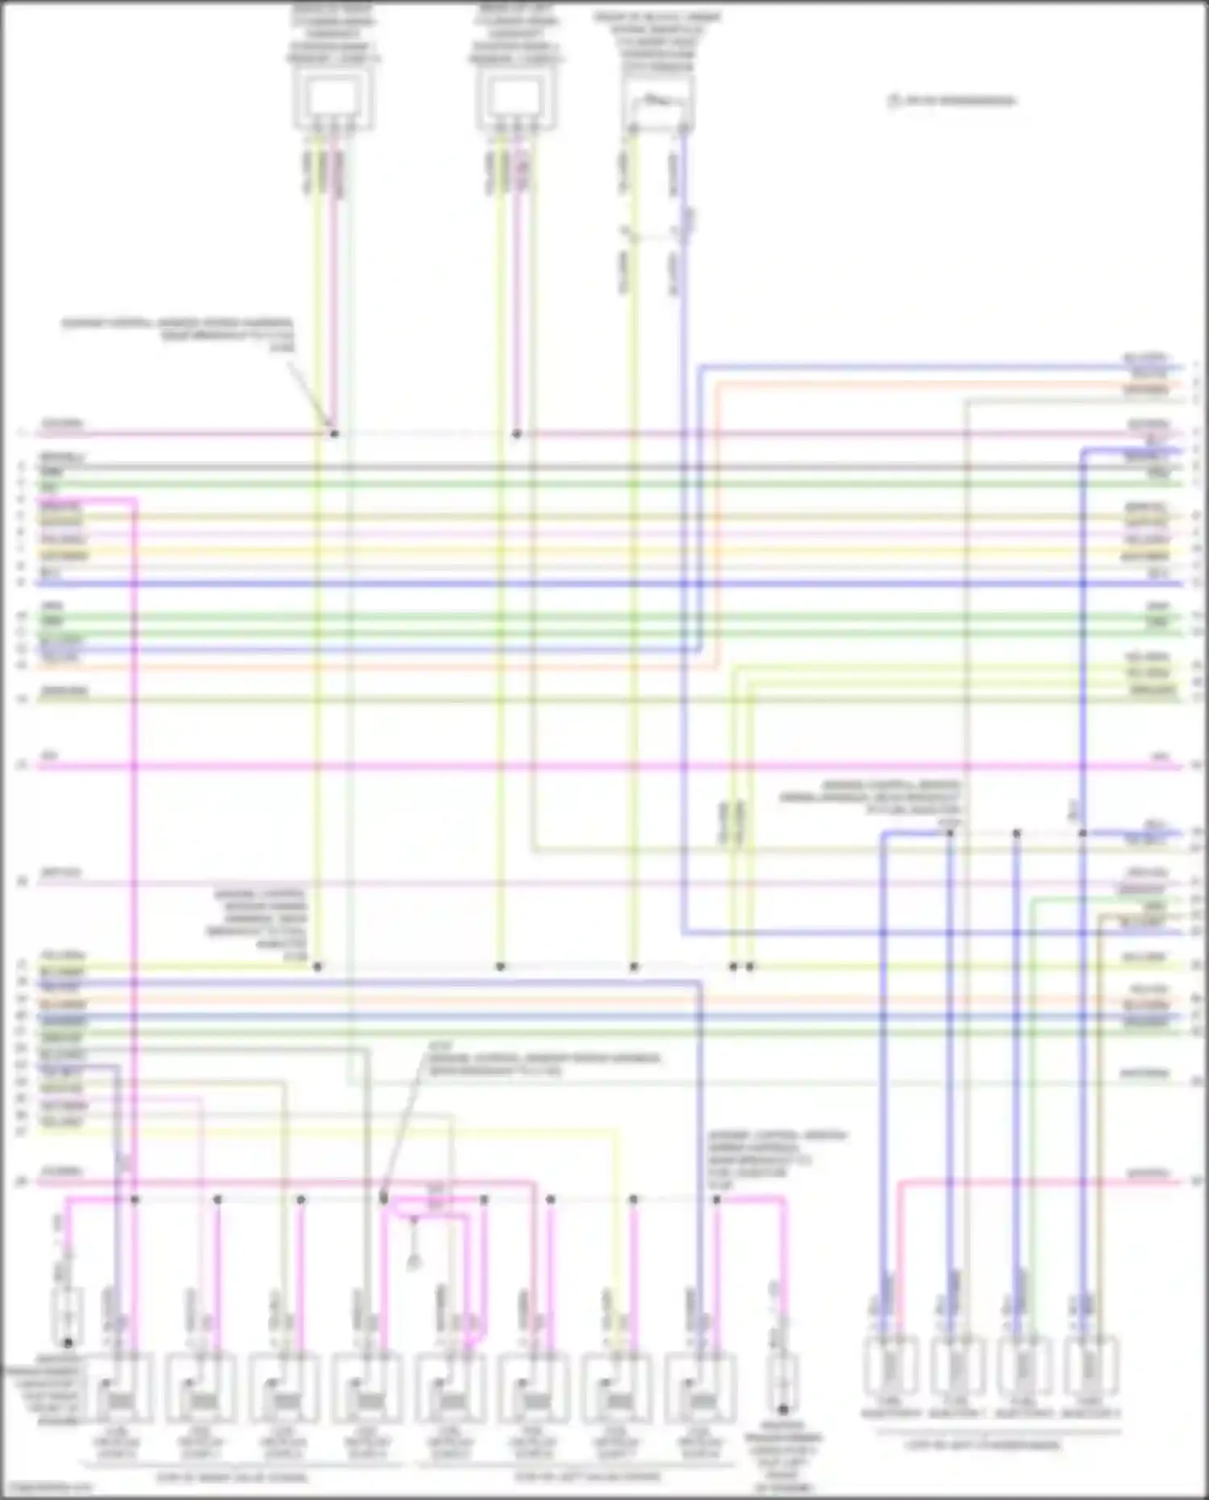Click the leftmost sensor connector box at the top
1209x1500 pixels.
point(333,100)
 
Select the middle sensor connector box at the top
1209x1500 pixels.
point(516,100)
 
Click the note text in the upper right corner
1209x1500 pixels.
point(952,101)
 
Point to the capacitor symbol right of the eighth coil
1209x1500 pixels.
point(782,1383)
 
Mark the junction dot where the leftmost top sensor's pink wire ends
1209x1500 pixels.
point(334,434)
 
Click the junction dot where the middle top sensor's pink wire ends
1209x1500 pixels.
point(517,434)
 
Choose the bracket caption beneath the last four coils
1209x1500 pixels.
point(587,1477)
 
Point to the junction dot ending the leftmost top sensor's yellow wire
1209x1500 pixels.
point(318,966)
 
